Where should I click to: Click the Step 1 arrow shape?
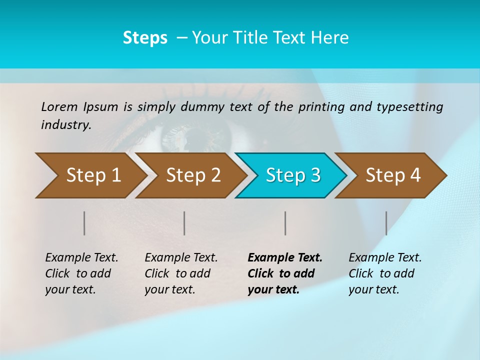click(90, 175)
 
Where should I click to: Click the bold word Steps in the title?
click(145, 38)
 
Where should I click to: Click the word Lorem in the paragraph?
click(59, 106)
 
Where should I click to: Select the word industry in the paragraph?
click(65, 125)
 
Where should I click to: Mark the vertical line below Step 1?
click(84, 223)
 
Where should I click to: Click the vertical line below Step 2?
click(184, 223)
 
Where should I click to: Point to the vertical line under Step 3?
click(285, 223)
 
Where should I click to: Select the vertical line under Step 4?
click(386, 223)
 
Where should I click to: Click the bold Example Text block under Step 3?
click(285, 273)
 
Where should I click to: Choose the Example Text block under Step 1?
click(81, 273)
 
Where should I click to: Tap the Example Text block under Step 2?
click(181, 273)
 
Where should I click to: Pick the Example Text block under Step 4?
click(385, 273)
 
